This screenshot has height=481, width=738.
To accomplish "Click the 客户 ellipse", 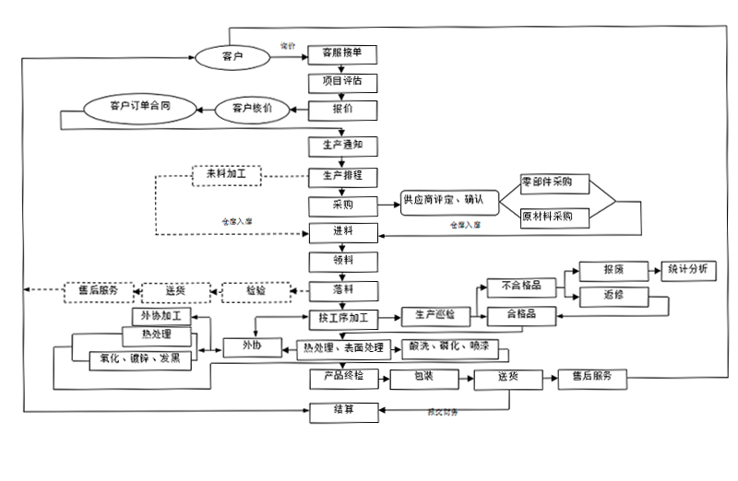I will pos(232,56).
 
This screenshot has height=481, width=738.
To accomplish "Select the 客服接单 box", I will pos(342,53).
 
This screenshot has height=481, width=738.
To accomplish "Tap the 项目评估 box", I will pos(342,81).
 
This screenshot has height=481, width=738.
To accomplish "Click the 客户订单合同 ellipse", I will pos(139,108).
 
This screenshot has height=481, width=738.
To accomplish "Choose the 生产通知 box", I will pos(342,146).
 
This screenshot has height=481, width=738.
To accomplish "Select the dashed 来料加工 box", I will pos(227,174).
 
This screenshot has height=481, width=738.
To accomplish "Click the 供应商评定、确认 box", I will pos(449,201).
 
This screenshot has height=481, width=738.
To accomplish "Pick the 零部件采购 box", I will pos(554,183).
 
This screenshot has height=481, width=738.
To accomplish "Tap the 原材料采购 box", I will pos(554,217).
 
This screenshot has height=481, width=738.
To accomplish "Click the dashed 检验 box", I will pos(256,291).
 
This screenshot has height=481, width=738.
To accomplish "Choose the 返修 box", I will pos(613,296).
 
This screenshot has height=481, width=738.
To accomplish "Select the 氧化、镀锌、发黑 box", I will pos(141,359).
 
